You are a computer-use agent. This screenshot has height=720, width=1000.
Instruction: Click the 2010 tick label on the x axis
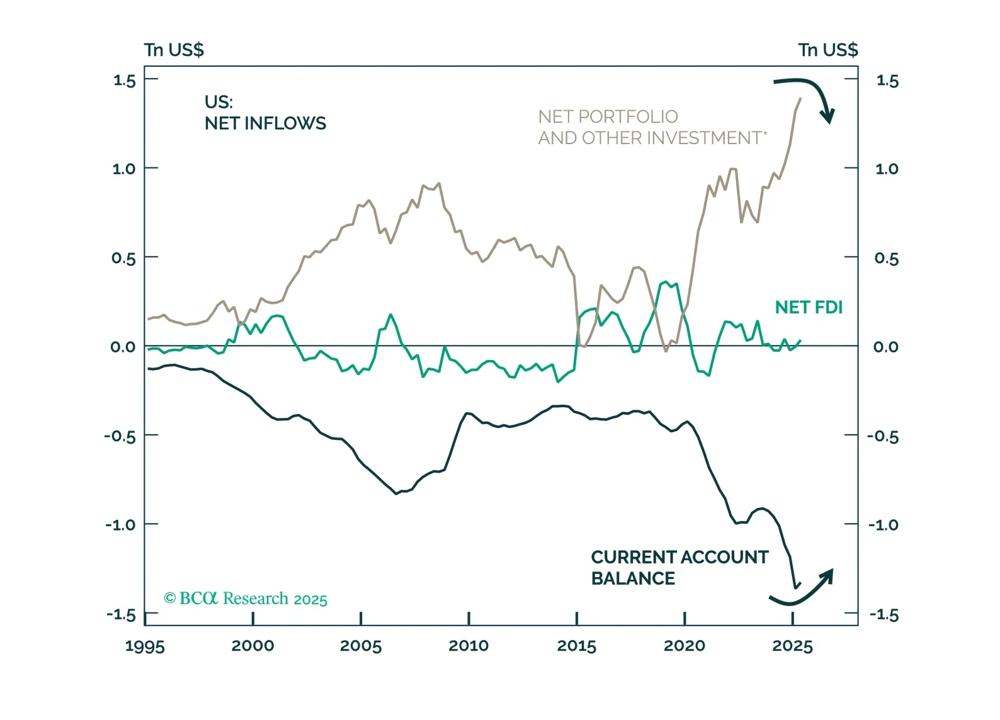click(x=469, y=646)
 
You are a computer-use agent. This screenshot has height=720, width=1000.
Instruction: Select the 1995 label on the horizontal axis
click(x=145, y=646)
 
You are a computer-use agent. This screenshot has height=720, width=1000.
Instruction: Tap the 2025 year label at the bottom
click(x=792, y=646)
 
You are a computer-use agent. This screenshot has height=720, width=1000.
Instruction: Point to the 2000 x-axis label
click(x=253, y=646)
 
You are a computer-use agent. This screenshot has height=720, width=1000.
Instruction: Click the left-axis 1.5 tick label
click(x=124, y=81)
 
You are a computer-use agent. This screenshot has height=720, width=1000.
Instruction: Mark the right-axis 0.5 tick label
click(x=886, y=258)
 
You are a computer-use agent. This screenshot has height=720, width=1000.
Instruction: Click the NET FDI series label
click(x=809, y=307)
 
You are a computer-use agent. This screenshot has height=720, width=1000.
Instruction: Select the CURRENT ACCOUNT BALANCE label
click(x=679, y=568)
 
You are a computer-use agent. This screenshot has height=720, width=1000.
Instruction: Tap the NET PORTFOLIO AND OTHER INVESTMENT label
click(x=652, y=127)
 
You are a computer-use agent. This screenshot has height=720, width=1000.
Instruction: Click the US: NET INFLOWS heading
click(x=265, y=113)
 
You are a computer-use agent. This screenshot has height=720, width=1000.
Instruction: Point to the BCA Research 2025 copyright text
click(x=246, y=598)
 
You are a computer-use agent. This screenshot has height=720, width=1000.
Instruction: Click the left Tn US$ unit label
click(x=174, y=50)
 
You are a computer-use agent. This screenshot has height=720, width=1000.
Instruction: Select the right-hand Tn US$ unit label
click(x=827, y=50)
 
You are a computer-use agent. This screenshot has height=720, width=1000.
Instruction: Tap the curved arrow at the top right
click(x=809, y=94)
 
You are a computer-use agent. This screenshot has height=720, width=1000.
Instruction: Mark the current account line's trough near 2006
click(x=396, y=493)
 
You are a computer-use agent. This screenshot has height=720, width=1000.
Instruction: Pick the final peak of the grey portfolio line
click(x=800, y=98)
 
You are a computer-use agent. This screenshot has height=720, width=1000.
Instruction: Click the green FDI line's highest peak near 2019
click(x=666, y=282)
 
